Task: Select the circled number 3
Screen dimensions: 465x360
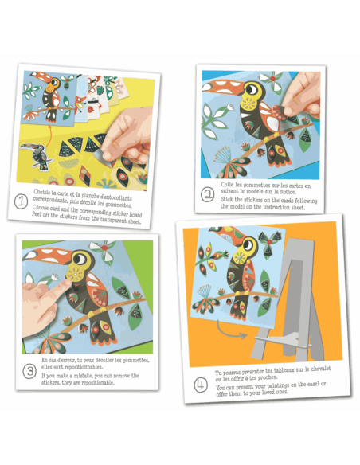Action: click(29, 370)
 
